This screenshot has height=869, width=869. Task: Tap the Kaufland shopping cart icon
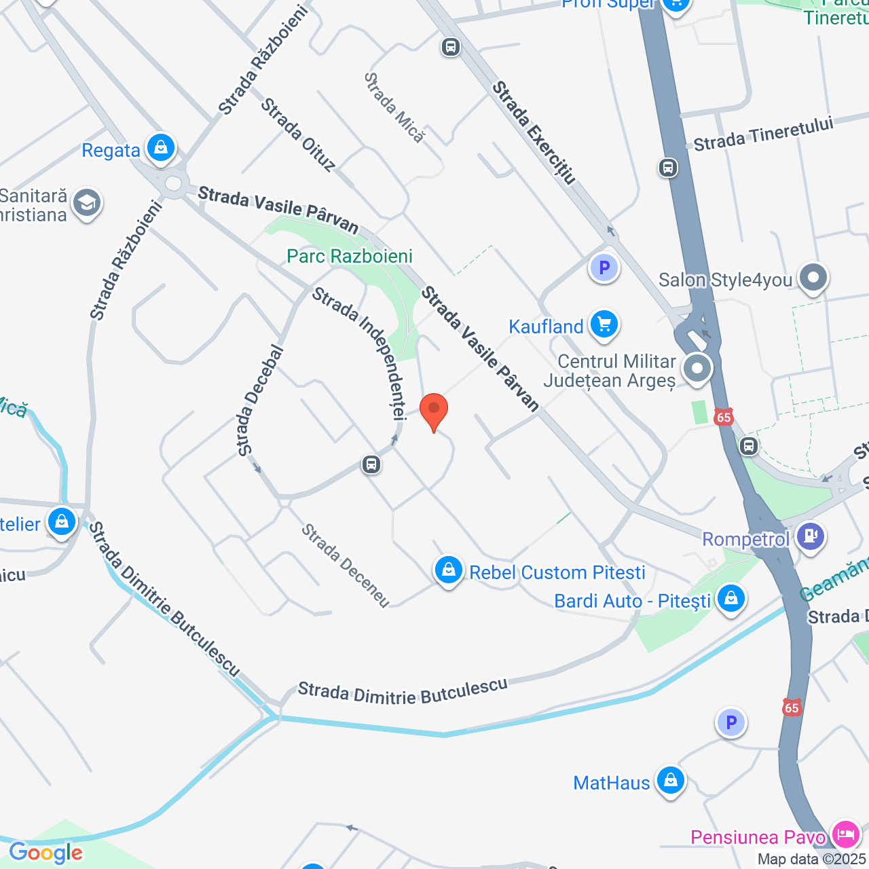coord(604,325)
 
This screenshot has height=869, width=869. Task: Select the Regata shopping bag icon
coord(161,147)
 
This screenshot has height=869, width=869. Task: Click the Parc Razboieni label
coord(350,257)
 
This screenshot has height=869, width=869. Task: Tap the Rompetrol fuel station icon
coord(810,536)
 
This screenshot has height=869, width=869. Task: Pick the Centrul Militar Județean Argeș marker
coord(697,369)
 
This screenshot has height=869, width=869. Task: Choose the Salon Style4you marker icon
coord(813,278)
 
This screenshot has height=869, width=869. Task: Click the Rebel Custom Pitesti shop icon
coord(448,570)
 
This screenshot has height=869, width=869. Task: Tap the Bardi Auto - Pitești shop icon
coord(731,599)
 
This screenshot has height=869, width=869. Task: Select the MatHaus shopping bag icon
coord(670,781)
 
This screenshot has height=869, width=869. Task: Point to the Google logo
coord(46,853)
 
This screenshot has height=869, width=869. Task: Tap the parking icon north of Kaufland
coord(604,267)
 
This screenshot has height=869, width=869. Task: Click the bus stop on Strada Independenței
coord(371,464)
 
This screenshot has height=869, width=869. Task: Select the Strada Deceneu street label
coord(346,565)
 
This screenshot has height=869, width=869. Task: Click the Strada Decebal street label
coord(259,401)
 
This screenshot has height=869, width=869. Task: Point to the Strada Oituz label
coord(299,134)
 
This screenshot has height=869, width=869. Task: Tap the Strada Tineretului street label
coord(763,134)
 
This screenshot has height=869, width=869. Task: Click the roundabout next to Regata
coord(174,183)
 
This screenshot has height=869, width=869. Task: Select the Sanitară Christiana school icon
coord(87,203)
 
